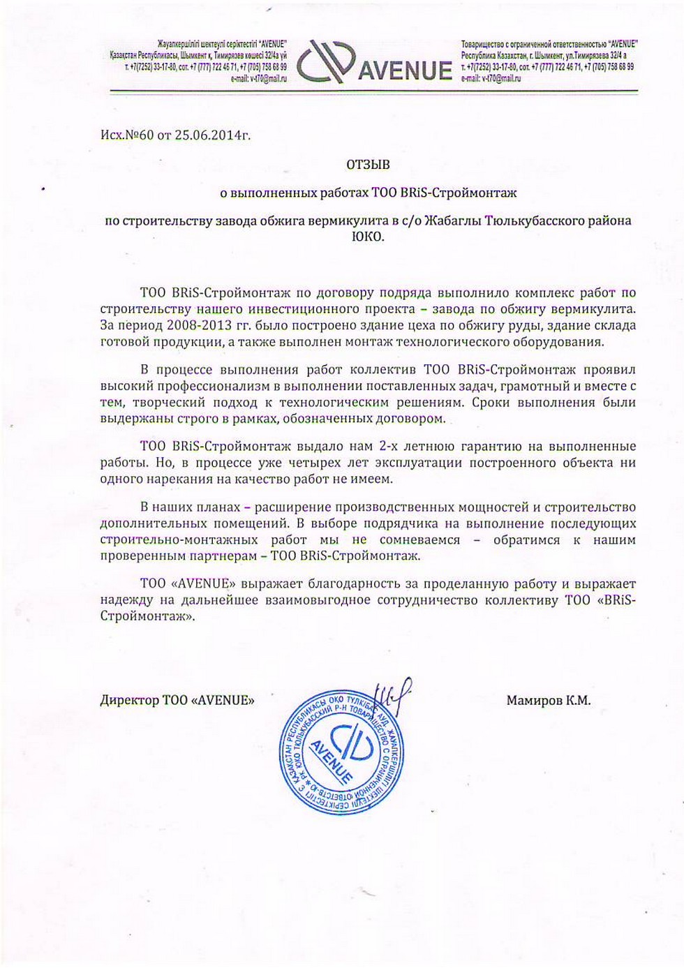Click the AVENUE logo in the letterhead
374,61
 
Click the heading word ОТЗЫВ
368,165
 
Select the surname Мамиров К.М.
548,700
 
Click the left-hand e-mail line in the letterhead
258,79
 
